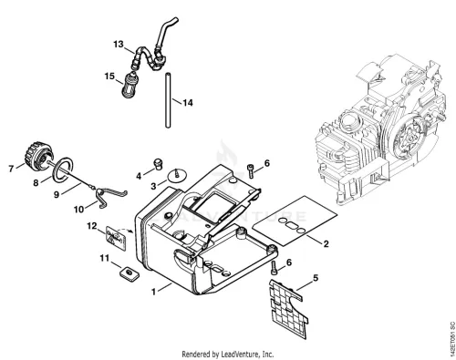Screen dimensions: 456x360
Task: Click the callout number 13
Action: (119, 45)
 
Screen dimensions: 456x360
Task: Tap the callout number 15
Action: (109, 76)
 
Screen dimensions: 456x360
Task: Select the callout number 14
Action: (188, 103)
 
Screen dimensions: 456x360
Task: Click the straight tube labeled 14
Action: (168, 100)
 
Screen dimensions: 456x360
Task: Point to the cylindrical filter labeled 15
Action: (130, 86)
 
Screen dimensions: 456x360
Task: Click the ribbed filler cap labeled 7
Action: (39, 155)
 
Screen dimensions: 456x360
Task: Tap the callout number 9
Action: (57, 194)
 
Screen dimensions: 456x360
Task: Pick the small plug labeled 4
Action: (158, 163)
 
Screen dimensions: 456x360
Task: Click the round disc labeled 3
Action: (177, 177)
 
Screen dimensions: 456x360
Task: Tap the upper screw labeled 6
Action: (250, 170)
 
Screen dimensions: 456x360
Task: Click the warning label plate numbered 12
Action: (116, 238)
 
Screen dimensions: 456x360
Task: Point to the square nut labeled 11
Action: (129, 273)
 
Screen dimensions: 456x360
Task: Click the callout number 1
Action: (154, 292)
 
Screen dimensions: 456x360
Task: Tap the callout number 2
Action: (326, 243)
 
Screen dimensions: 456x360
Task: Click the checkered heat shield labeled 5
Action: (288, 308)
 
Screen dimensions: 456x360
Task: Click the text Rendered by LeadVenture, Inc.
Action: (228, 355)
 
